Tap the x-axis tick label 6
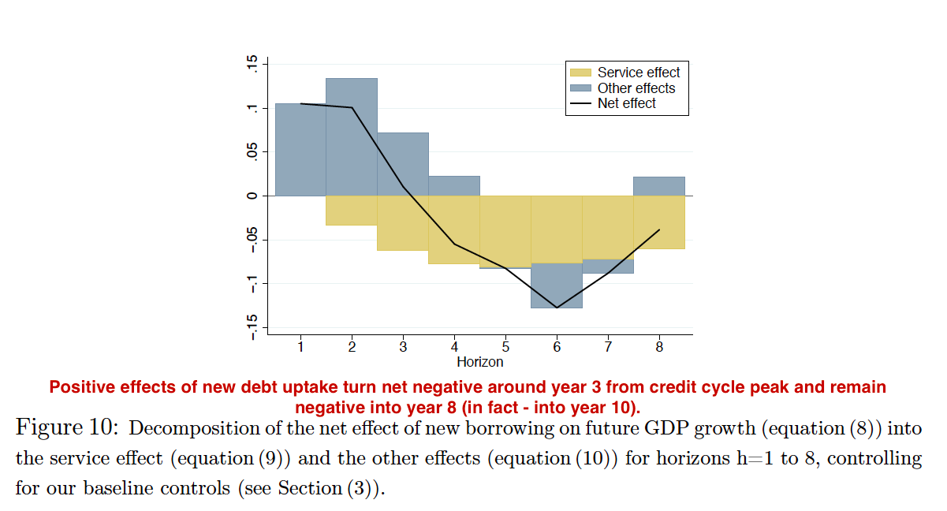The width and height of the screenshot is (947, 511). (x=557, y=346)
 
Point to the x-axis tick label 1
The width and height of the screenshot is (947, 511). (x=300, y=346)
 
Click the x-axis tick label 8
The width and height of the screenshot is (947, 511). (x=659, y=346)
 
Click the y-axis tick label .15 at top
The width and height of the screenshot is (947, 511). (x=252, y=65)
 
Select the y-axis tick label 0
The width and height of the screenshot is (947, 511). (x=252, y=196)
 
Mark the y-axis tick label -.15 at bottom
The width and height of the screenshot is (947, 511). (x=252, y=326)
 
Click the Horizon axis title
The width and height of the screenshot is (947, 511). (x=479, y=362)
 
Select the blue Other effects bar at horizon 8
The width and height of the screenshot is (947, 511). (x=659, y=186)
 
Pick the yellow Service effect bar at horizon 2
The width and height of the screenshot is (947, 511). (x=352, y=210)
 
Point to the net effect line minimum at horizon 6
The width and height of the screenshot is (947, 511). (x=557, y=308)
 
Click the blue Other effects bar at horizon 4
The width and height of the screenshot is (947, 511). (x=454, y=185)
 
